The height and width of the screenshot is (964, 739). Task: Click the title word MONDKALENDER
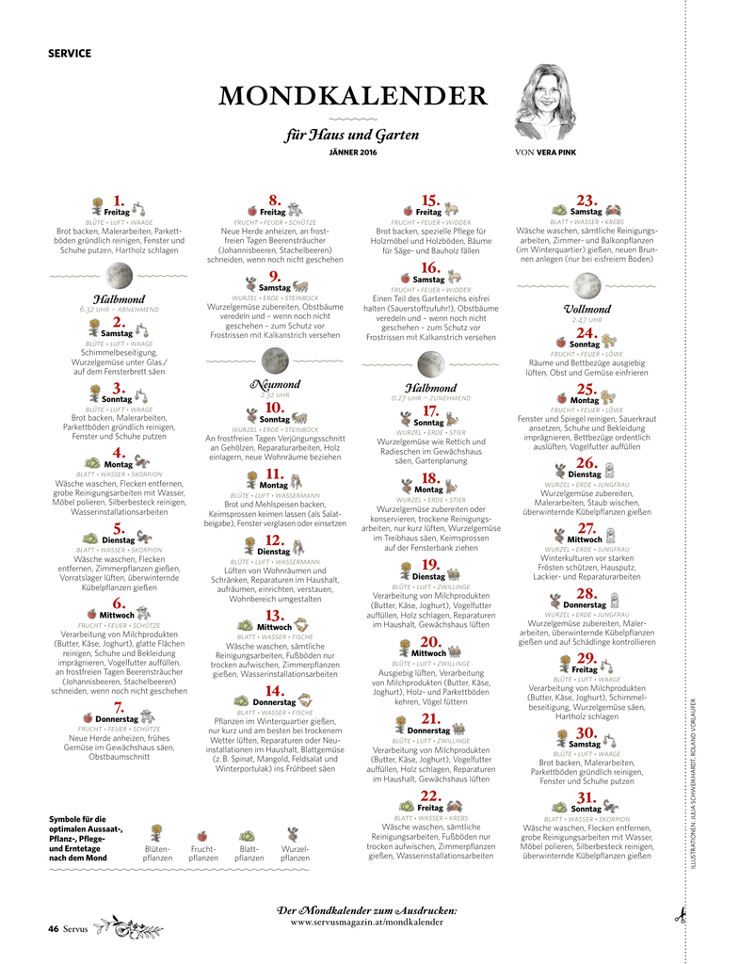(352, 97)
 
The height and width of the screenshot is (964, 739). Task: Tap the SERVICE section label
(70, 54)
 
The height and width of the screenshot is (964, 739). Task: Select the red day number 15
(430, 201)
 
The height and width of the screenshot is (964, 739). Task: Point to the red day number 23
(586, 201)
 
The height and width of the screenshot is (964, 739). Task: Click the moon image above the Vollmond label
(587, 284)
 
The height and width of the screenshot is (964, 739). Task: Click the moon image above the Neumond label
(274, 360)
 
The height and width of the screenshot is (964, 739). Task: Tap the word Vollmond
(587, 309)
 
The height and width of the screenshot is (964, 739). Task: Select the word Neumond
(274, 384)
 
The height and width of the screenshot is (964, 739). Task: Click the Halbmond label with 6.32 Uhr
(119, 298)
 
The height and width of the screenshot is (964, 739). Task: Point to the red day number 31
(586, 797)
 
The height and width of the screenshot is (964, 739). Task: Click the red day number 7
(119, 707)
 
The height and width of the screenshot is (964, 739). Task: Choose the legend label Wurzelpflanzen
(295, 853)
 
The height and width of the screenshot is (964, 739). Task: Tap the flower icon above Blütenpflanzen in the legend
(157, 832)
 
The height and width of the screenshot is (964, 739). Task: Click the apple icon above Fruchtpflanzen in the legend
(202, 834)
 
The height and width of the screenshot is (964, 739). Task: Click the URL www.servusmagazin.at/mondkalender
(366, 923)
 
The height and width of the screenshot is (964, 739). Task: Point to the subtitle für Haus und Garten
(352, 135)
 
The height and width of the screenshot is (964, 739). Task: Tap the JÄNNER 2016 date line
(352, 152)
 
